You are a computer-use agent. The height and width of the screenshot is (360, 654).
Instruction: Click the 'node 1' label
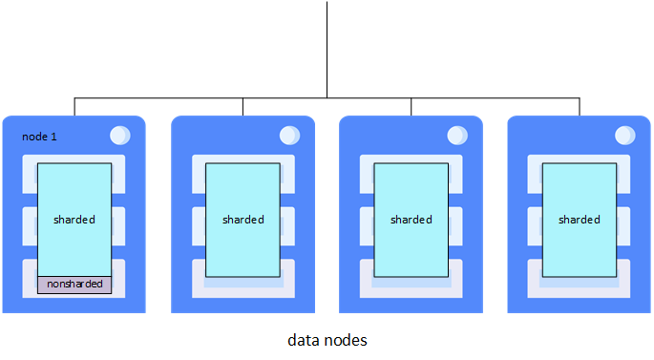tap(39, 138)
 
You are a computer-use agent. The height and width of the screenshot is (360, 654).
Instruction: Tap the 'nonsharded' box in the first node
tap(74, 285)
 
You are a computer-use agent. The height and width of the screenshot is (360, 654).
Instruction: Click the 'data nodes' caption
tap(327, 340)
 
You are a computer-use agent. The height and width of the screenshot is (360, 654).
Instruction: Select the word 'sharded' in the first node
tap(74, 220)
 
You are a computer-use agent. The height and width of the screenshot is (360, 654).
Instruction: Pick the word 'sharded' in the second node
tap(243, 220)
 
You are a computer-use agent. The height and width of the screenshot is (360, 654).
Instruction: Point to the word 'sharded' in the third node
tap(411, 220)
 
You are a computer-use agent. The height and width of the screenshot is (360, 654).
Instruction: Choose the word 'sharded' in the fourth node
tap(579, 220)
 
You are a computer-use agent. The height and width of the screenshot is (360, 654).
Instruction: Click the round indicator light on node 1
tap(120, 136)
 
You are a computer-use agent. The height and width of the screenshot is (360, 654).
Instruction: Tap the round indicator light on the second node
tap(288, 136)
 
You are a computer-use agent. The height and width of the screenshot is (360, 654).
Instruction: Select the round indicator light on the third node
tap(456, 136)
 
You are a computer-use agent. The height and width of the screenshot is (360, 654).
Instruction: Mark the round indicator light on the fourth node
tap(624, 136)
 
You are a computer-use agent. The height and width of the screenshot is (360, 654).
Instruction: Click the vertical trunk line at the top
tap(327, 48)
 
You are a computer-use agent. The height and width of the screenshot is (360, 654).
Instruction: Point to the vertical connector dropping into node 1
tap(74, 106)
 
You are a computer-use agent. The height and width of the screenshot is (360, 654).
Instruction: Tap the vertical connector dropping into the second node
tap(243, 106)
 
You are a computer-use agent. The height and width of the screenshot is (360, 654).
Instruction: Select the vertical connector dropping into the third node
tap(411, 106)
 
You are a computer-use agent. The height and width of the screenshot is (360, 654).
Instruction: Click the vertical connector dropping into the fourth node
tap(580, 106)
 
